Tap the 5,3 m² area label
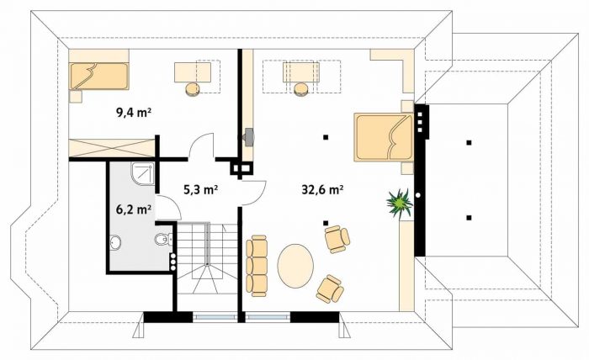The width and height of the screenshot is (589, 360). [201, 189]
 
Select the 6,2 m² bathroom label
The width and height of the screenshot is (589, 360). [134, 209]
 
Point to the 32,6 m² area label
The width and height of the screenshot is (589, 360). [322, 189]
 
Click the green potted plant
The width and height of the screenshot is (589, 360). [400, 203]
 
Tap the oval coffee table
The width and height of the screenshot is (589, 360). [295, 266]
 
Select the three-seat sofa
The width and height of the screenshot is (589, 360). [257, 266]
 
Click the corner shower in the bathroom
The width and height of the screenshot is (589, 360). [143, 174]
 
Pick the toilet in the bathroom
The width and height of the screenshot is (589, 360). [163, 239]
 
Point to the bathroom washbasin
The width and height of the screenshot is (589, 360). [116, 242]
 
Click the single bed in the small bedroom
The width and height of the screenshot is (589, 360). [99, 77]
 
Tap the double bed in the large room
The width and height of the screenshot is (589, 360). [384, 137]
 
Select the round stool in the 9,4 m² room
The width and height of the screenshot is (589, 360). [193, 89]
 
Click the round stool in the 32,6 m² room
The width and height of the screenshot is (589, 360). [301, 89]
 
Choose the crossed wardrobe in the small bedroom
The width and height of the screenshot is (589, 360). [112, 148]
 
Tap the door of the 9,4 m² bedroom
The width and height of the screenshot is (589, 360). [202, 146]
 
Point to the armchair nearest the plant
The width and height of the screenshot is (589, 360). [337, 239]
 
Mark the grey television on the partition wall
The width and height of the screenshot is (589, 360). [249, 136]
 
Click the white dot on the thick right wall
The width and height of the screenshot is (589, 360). [418, 195]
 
